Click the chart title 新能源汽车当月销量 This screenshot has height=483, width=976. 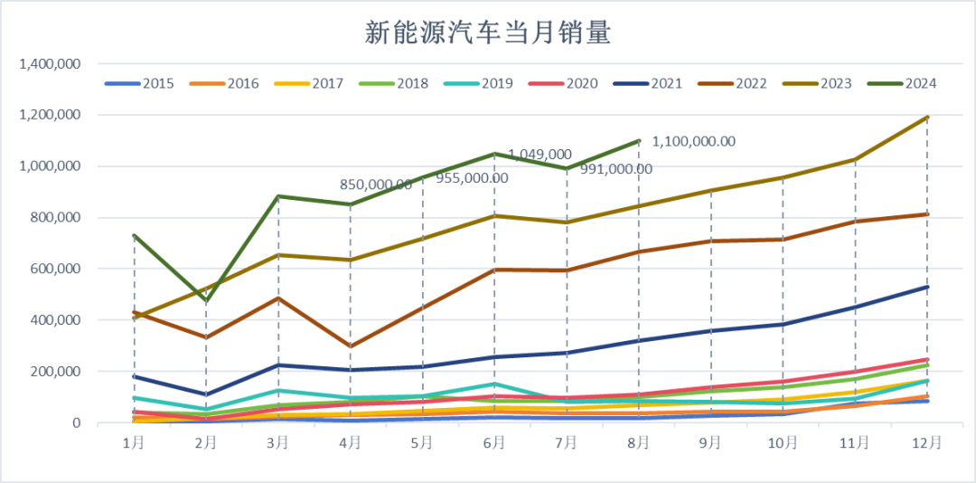tap(488, 33)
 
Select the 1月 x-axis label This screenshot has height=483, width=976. tap(134, 443)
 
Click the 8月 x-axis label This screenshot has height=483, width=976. tap(639, 443)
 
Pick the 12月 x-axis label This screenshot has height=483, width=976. tap(927, 443)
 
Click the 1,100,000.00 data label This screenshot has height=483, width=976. tap(693, 141)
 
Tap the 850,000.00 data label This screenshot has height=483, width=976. tap(376, 185)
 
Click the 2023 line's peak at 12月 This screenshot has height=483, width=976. tap(927, 118)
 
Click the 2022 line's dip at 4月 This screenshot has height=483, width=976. tap(351, 346)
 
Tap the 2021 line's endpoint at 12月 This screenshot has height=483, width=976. tap(927, 287)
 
